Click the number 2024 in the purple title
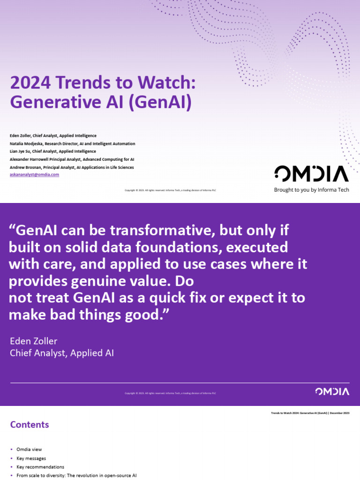pyautogui.click(x=30, y=83)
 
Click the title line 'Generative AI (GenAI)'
pyautogui.click(x=101, y=102)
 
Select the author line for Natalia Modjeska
pyautogui.click(x=72, y=143)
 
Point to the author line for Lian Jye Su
pyautogui.click(x=52, y=151)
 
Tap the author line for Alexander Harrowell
pyautogui.click(x=72, y=159)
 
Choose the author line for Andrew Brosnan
pyautogui.click(x=72, y=167)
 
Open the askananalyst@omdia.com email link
pyautogui.click(x=34, y=174)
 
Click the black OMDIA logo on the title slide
pyautogui.click(x=311, y=173)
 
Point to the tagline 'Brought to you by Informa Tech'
pyautogui.click(x=311, y=190)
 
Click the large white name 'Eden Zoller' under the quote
pyautogui.click(x=33, y=341)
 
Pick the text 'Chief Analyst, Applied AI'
pyautogui.click(x=62, y=353)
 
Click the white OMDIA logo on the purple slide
pyautogui.click(x=332, y=391)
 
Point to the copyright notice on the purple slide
pyautogui.click(x=170, y=393)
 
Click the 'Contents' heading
pyautogui.click(x=30, y=425)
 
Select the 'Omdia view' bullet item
pyautogui.click(x=29, y=449)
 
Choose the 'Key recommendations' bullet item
pyautogui.click(x=40, y=467)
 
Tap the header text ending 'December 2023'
pyautogui.click(x=310, y=413)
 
